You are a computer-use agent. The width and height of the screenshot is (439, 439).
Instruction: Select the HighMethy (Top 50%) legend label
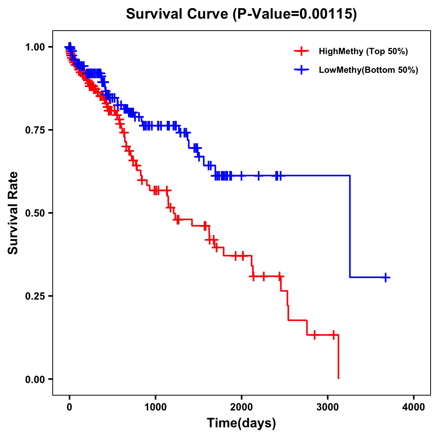363,51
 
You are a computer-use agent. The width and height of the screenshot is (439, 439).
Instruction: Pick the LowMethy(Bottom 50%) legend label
368,70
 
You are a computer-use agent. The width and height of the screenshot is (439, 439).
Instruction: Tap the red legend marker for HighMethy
301,51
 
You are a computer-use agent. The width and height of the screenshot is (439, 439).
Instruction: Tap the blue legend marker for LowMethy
301,70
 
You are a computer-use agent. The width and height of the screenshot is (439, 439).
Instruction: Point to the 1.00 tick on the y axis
35,47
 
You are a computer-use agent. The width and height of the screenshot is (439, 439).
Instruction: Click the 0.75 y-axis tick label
35,130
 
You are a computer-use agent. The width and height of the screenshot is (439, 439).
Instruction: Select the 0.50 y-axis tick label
35,213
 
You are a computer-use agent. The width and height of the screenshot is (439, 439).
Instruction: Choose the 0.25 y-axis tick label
35,296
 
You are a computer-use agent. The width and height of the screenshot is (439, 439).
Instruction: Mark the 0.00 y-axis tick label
35,379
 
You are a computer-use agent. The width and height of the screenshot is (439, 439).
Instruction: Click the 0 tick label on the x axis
70,407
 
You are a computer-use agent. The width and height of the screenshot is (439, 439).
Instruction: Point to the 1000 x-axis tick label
155,407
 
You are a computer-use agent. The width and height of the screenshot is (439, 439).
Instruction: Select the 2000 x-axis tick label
241,407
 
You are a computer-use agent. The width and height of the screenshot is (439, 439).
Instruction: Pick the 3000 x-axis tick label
327,407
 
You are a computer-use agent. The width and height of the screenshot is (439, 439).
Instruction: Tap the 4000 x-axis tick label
414,407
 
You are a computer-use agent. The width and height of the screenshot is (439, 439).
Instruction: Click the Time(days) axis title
241,423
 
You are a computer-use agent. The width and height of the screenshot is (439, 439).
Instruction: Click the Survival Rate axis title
14,213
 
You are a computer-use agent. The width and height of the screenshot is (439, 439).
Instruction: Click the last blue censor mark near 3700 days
385,277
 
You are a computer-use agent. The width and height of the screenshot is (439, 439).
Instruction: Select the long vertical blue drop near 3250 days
350,227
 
